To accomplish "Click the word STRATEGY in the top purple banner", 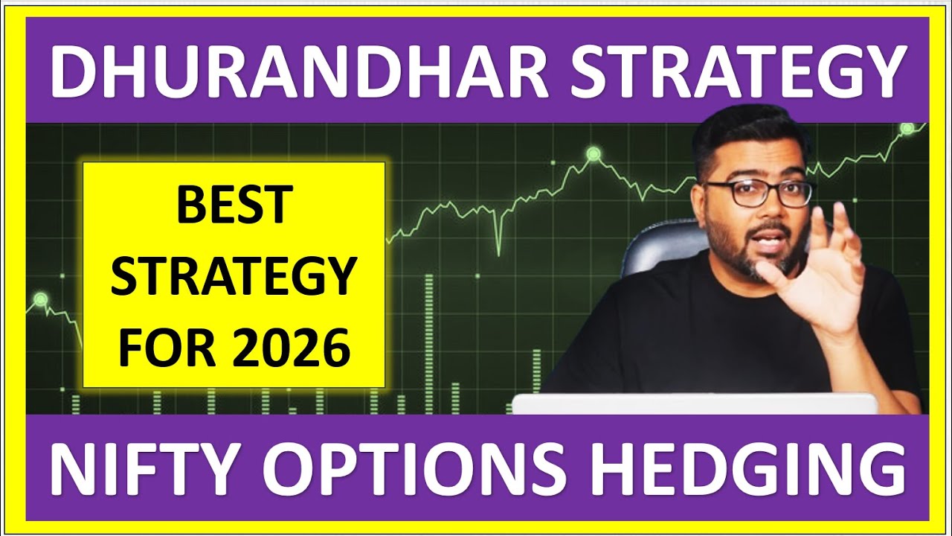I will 736,71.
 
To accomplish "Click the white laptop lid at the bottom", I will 695,403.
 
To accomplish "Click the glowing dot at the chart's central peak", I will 593,154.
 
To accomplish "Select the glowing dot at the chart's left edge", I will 40,299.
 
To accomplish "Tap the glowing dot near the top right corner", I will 907,128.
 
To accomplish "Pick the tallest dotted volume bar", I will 428,342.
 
